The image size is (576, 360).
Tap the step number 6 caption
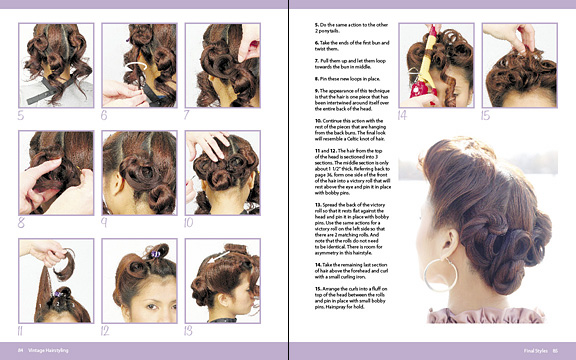105,114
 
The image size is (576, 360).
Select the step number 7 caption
187,114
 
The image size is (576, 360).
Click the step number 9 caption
105,222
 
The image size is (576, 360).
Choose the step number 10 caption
189,222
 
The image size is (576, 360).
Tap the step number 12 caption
106,329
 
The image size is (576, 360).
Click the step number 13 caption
189,329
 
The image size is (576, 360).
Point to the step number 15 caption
487,115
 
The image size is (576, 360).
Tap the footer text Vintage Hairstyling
48,350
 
